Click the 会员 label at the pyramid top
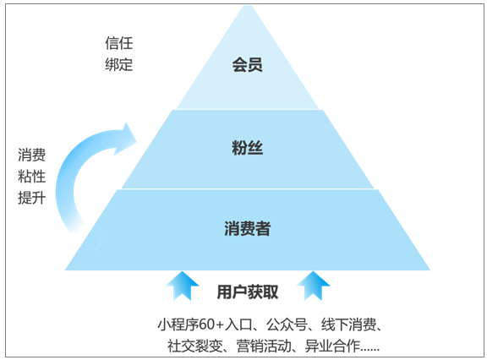click(x=247, y=65)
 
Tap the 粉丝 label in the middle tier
click(x=247, y=148)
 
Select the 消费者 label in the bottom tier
click(x=248, y=228)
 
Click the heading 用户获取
click(x=248, y=292)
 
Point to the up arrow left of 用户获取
click(x=182, y=286)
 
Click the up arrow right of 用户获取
click(x=313, y=286)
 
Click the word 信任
click(x=119, y=43)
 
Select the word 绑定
click(x=119, y=64)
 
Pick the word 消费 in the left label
click(x=31, y=155)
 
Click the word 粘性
click(x=31, y=177)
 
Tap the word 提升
click(x=31, y=198)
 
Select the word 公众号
click(x=287, y=325)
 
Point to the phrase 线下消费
click(x=349, y=325)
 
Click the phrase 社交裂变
click(x=194, y=346)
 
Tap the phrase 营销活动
click(x=264, y=346)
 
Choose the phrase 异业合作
click(x=332, y=346)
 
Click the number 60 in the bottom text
click(x=207, y=325)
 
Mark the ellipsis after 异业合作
click(x=370, y=350)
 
